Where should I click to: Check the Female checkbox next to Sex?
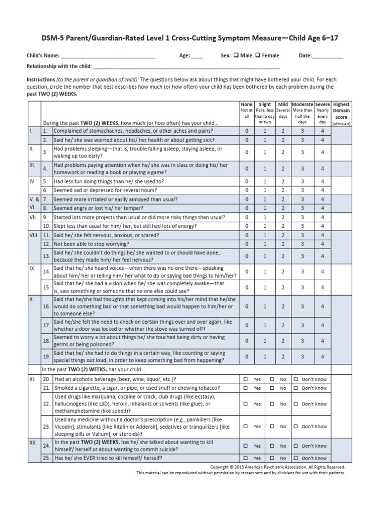pyautogui.click(x=258, y=56)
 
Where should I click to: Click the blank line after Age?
pyautogui.click(x=197, y=56)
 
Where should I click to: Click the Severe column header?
pyautogui.click(x=323, y=104)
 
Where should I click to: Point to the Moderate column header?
pyautogui.click(x=302, y=104)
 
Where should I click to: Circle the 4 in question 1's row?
pyautogui.click(x=323, y=131)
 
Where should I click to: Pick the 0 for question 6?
pyautogui.click(x=247, y=190)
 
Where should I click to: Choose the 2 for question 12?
pyautogui.click(x=283, y=244)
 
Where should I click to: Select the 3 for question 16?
pyautogui.click(x=302, y=306)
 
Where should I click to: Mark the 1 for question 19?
pyautogui.click(x=265, y=356)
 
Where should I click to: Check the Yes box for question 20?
pyautogui.click(x=246, y=379)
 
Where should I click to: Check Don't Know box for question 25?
pyautogui.click(x=295, y=458)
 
